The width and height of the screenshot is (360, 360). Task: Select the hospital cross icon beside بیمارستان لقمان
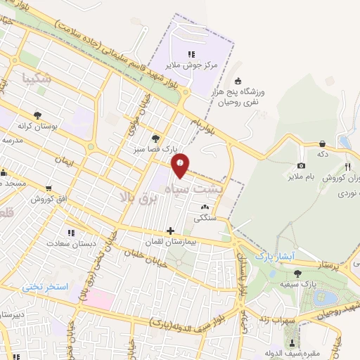coord(170,231)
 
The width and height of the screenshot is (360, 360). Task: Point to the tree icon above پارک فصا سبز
coord(155,139)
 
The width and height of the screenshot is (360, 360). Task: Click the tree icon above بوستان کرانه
coord(37,114)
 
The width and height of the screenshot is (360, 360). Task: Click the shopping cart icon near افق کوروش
coord(48,188)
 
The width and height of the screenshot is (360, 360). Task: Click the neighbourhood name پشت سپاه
coord(189,189)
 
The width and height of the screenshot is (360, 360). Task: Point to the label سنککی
coord(207,218)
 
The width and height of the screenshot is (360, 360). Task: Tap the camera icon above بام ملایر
coord(301,165)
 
